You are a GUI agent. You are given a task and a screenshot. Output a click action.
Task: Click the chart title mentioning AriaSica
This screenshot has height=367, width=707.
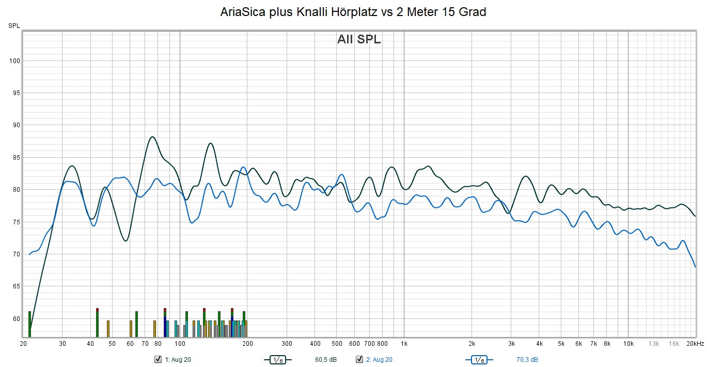click(x=353, y=12)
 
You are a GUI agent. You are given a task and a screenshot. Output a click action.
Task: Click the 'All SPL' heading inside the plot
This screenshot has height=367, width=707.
click(x=359, y=39)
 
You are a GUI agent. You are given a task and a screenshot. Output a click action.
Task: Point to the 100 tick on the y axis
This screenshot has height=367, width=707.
click(x=14, y=61)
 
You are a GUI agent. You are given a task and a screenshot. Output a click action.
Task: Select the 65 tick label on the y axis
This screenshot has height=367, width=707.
click(x=16, y=286)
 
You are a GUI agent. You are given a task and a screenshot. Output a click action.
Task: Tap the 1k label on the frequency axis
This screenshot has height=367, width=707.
click(x=404, y=344)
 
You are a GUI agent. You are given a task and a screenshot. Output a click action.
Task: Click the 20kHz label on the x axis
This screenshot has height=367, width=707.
click(x=695, y=344)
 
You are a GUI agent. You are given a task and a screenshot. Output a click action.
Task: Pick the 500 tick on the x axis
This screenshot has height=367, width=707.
click(x=337, y=344)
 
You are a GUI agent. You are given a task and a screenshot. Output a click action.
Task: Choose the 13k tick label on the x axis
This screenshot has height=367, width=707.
click(x=654, y=344)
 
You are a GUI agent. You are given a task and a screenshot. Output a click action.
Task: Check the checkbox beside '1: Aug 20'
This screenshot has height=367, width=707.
click(x=158, y=360)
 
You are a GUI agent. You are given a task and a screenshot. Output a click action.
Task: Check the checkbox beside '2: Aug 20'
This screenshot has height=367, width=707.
click(x=359, y=360)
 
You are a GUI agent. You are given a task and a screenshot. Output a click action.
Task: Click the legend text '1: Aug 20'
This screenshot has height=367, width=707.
click(x=178, y=360)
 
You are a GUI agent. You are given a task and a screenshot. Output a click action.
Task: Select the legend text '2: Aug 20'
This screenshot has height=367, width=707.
click(x=379, y=360)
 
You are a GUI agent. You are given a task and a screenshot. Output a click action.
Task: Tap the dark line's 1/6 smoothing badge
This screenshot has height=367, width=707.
click(x=278, y=360)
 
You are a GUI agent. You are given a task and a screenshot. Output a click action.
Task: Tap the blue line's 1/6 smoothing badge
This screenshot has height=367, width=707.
click(x=479, y=360)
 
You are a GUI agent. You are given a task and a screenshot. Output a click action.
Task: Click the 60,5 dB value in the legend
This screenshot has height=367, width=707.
click(x=325, y=360)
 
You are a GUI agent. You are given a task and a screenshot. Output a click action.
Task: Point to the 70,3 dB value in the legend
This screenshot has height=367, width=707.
click(x=527, y=360)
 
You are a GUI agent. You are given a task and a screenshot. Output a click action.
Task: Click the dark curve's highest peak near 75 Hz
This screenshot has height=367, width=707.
click(x=152, y=137)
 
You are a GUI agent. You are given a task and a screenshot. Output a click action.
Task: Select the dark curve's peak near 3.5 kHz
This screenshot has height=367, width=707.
click(x=526, y=176)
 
